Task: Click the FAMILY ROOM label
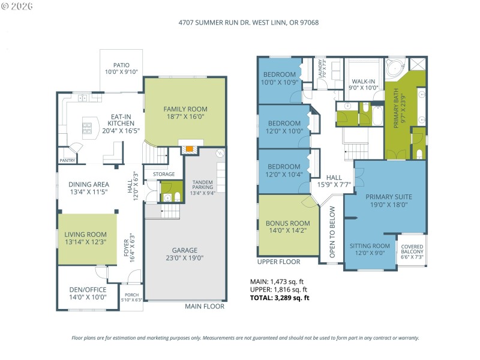185,109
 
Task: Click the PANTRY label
67,160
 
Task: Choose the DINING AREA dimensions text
88,193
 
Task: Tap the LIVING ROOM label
86,235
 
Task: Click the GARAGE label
185,250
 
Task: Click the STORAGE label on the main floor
163,175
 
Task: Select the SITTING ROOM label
370,246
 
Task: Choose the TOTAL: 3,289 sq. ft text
280,297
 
